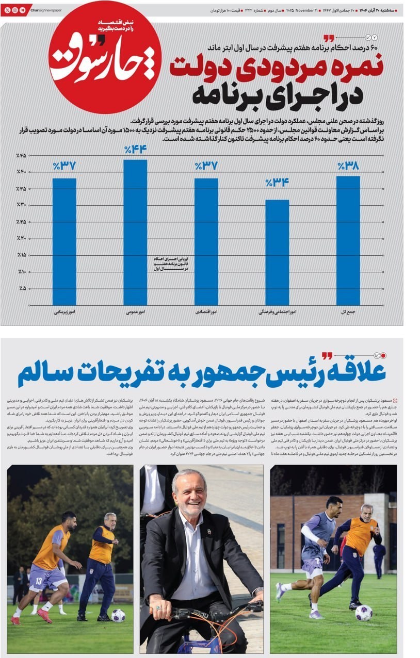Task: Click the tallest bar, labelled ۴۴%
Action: coord(135,232)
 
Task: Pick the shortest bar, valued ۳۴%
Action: coord(277,252)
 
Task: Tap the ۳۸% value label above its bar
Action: coord(348,167)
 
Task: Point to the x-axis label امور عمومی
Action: coord(135,312)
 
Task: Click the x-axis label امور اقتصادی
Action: coord(206,312)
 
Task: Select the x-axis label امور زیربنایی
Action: coord(64,312)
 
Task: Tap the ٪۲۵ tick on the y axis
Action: coord(21,222)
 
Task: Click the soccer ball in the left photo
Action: coord(118,615)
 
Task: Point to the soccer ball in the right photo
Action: coord(363,612)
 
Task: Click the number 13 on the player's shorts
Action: coord(39,581)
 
